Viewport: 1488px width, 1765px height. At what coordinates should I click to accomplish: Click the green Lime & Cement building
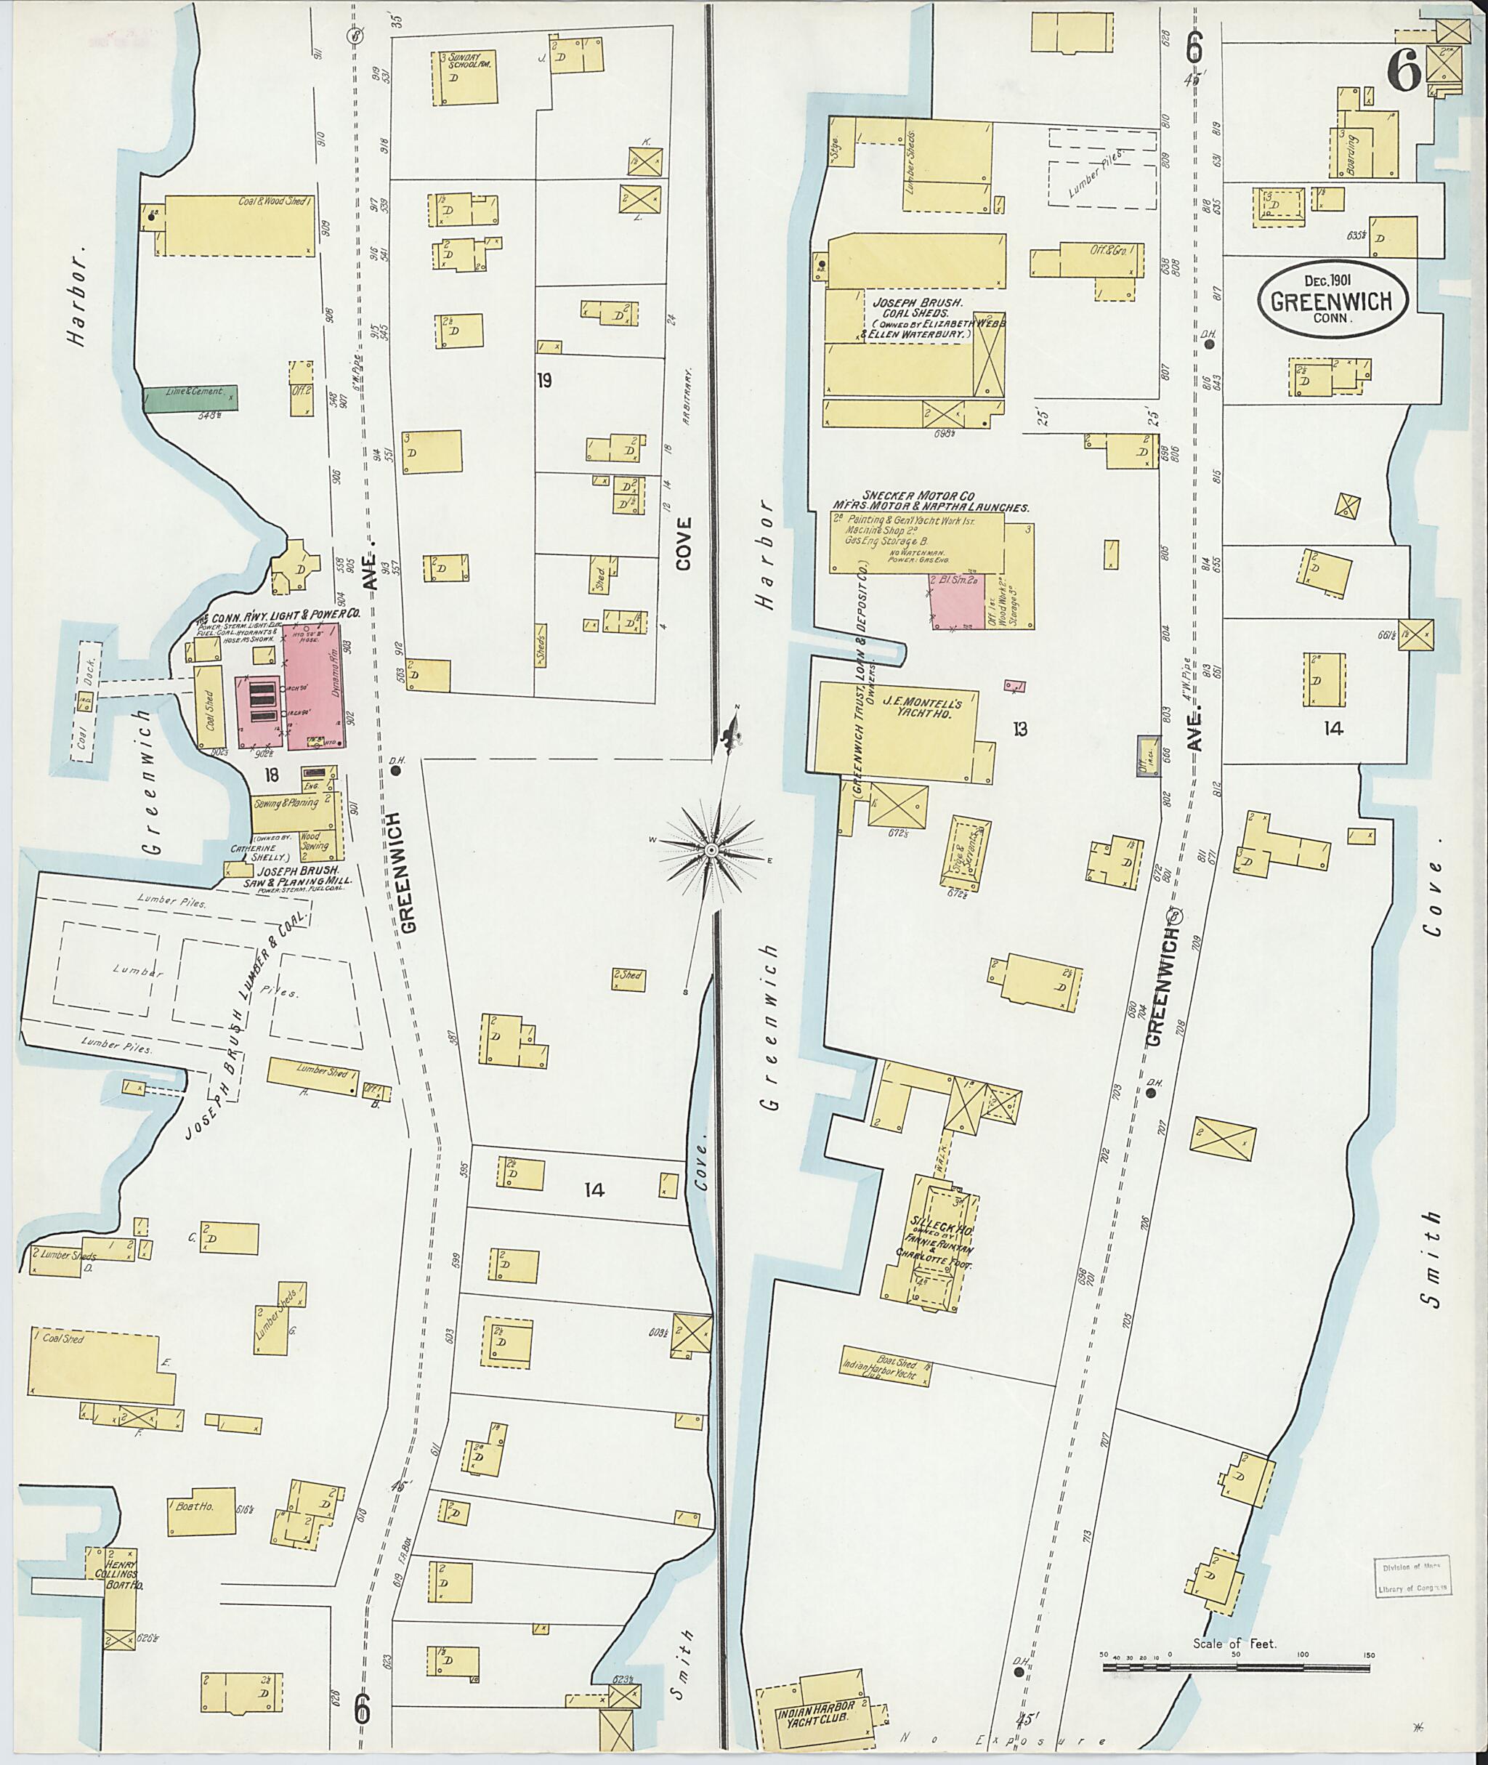190,397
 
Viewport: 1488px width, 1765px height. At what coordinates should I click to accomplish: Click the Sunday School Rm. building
465,78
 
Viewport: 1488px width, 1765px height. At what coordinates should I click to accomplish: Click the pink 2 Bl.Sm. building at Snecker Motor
958,601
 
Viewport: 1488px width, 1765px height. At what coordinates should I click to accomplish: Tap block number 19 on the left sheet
544,381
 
